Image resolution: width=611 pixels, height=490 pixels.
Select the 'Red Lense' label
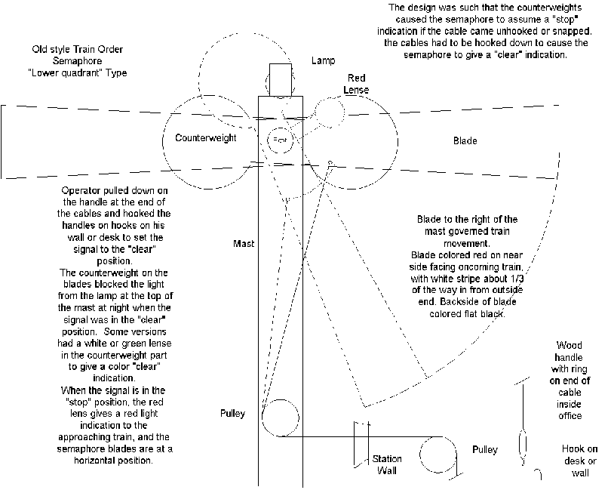(357, 84)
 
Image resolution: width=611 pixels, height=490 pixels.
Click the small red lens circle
(330, 114)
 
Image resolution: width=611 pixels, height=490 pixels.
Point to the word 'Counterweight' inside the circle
(205, 139)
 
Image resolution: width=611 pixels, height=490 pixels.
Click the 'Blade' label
(465, 141)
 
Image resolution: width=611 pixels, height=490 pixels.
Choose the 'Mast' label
(244, 244)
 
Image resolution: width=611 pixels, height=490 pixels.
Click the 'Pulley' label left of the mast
(232, 414)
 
